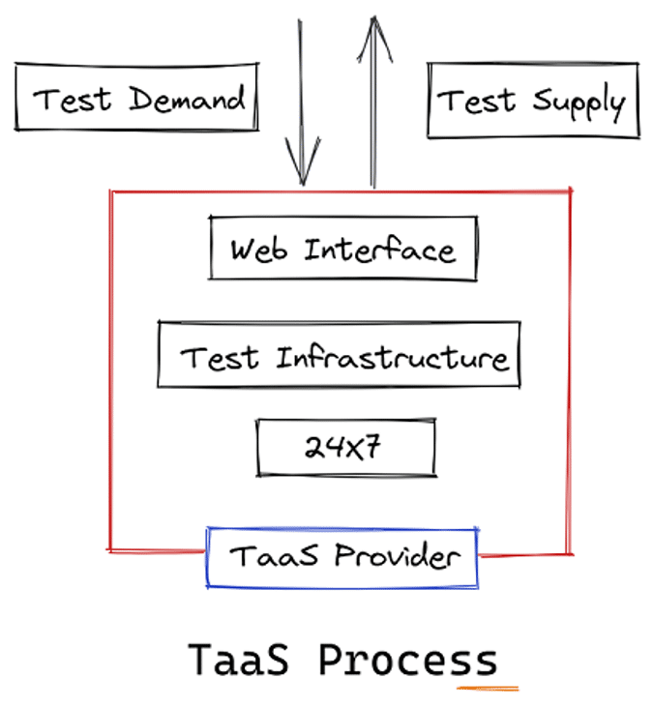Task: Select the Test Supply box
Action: pos(532,101)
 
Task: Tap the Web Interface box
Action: pos(342,249)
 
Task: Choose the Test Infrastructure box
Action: pos(339,356)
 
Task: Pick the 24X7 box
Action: pos(345,447)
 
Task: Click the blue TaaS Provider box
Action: pos(341,557)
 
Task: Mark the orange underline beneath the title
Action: pos(489,688)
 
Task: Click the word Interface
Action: pos(378,250)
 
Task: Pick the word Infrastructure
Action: pos(392,358)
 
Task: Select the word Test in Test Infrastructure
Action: pos(221,358)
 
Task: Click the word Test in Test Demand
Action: pos(74,99)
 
